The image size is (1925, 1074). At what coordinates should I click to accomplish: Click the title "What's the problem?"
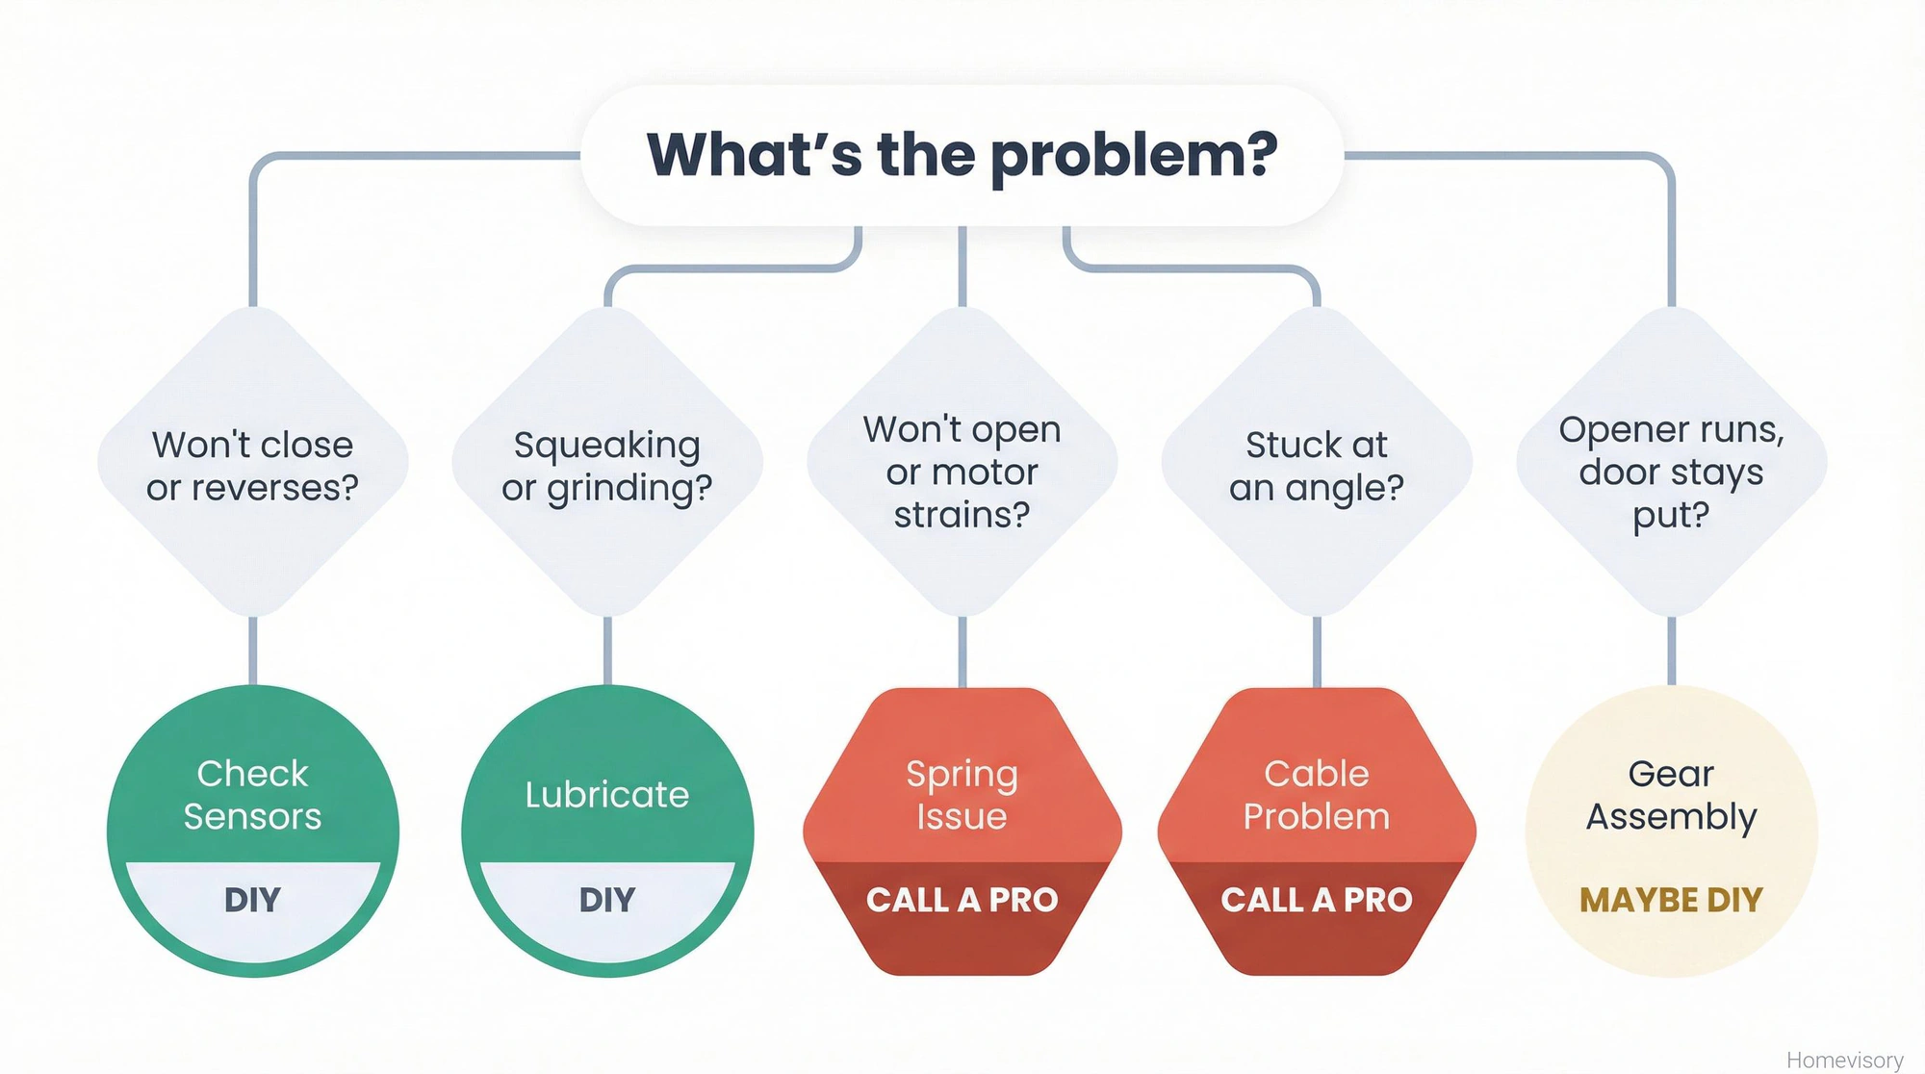click(x=962, y=155)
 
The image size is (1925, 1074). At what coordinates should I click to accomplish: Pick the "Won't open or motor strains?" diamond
click(x=962, y=471)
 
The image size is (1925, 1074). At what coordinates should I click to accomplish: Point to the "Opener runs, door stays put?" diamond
click(x=1671, y=471)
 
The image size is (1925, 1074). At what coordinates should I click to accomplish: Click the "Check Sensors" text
click(x=252, y=794)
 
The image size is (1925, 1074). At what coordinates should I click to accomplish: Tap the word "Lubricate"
click(x=607, y=794)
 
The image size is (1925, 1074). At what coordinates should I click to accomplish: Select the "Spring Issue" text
click(x=962, y=794)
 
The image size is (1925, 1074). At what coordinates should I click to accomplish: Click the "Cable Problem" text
click(x=1317, y=794)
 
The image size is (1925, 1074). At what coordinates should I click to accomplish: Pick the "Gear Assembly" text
click(x=1671, y=794)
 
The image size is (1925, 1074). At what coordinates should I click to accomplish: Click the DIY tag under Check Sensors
click(x=252, y=900)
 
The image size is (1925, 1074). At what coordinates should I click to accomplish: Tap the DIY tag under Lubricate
click(x=607, y=900)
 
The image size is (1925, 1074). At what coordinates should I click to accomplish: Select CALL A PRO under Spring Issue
click(x=962, y=900)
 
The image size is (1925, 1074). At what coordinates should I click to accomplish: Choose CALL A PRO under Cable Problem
click(x=1317, y=900)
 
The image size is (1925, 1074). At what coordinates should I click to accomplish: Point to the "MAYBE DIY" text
click(x=1671, y=900)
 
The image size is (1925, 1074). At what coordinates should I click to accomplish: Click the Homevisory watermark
click(x=1844, y=1060)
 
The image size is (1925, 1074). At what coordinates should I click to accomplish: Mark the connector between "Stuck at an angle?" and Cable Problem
click(x=1317, y=652)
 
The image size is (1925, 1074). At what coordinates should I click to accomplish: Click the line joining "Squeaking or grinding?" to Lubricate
click(x=607, y=652)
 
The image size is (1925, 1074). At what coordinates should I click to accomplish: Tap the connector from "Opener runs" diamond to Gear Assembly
click(x=1671, y=652)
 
